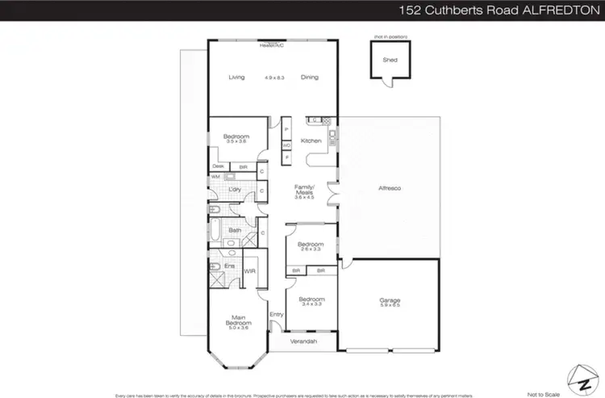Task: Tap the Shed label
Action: (x=390, y=60)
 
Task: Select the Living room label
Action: (x=236, y=78)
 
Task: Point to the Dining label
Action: (x=310, y=78)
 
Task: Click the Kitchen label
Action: (x=311, y=141)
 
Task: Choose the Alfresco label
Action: (x=390, y=188)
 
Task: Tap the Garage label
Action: (x=390, y=300)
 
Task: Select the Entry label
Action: (x=277, y=314)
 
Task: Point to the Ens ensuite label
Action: (x=229, y=265)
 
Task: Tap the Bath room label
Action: (x=235, y=230)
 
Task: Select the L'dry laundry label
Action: (x=236, y=189)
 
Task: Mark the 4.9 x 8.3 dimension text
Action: (x=275, y=78)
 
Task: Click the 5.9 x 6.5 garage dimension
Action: (x=390, y=307)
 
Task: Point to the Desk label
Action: (x=218, y=165)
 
